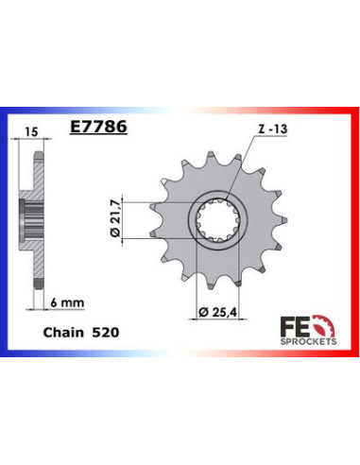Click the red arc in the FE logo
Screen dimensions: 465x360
point(325,322)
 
